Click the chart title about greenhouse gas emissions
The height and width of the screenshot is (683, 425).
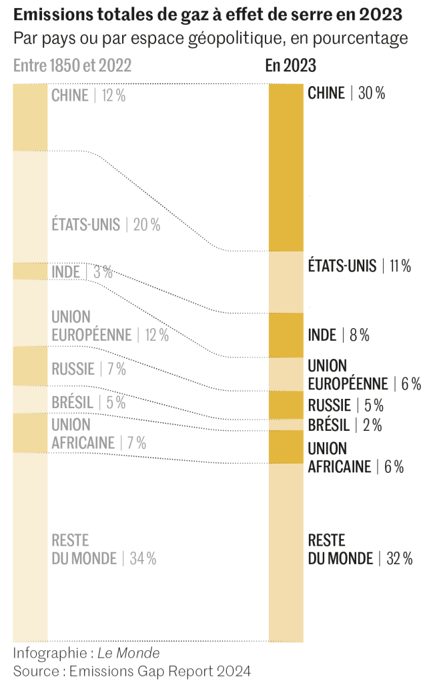pyautogui.click(x=207, y=15)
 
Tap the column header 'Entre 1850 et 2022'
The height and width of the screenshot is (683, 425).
pyautogui.click(x=72, y=65)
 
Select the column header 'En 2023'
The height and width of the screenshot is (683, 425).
pyautogui.click(x=290, y=65)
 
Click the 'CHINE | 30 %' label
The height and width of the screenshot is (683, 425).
pyautogui.click(x=346, y=93)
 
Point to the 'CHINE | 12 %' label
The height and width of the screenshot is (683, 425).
pyautogui.click(x=89, y=95)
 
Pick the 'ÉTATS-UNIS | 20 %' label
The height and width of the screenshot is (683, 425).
pyautogui.click(x=106, y=225)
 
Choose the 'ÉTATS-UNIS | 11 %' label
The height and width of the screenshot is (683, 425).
pyautogui.click(x=359, y=266)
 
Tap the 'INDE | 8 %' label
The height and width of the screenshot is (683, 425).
pyautogui.click(x=338, y=335)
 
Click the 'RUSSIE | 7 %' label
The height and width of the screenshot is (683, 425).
pyautogui.click(x=89, y=369)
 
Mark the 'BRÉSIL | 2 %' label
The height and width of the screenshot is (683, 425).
pyautogui.click(x=345, y=425)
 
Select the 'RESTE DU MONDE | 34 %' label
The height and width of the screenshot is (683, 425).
pyautogui.click(x=103, y=550)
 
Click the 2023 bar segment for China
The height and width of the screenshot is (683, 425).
pyautogui.click(x=286, y=167)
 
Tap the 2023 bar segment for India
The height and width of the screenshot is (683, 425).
pyautogui.click(x=286, y=335)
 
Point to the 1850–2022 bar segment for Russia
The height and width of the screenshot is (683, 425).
pyautogui.click(x=30, y=366)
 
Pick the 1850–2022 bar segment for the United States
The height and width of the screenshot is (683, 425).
pyautogui.click(x=30, y=206)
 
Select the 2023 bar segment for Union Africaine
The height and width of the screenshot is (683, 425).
pyautogui.click(x=286, y=447)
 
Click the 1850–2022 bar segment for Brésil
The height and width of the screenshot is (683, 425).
pyautogui.click(x=30, y=400)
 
